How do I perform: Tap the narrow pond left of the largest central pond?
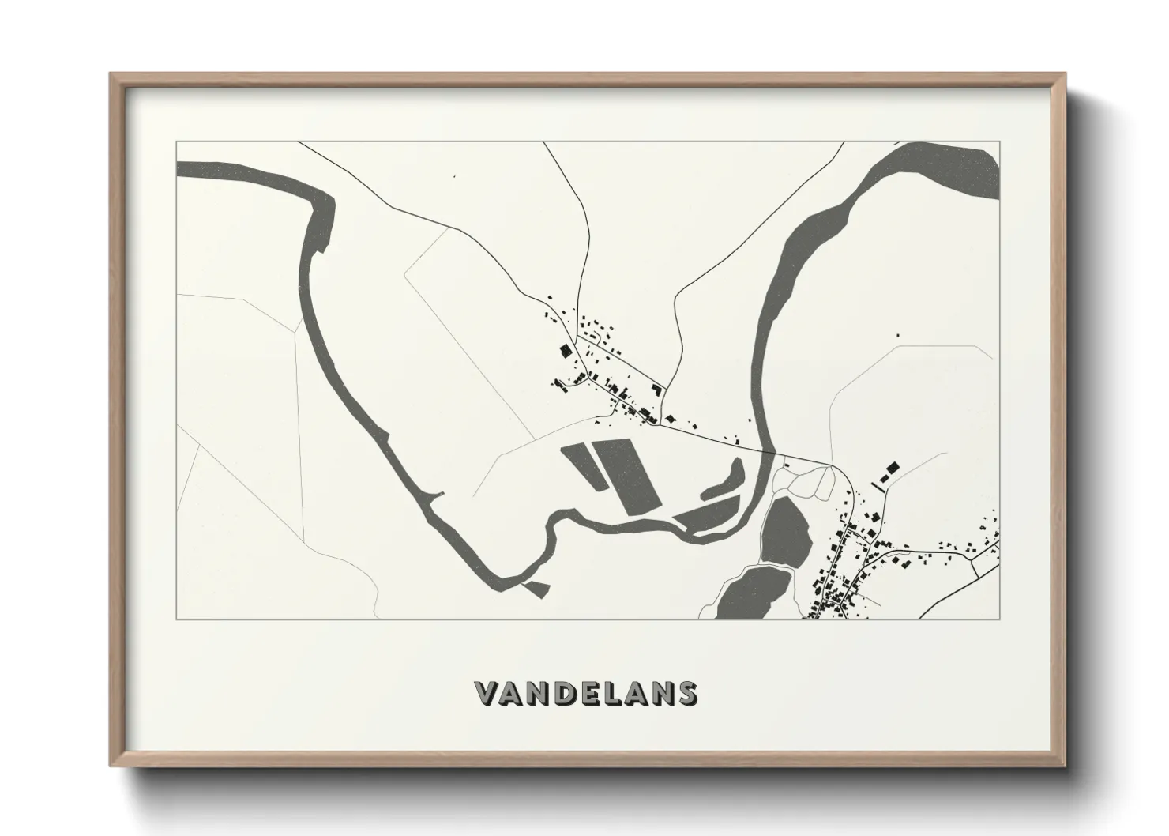coord(583,466)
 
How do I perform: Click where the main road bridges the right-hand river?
coord(769,451)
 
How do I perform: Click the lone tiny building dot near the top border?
coord(454,176)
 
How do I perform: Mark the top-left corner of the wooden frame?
coord(111,74)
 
